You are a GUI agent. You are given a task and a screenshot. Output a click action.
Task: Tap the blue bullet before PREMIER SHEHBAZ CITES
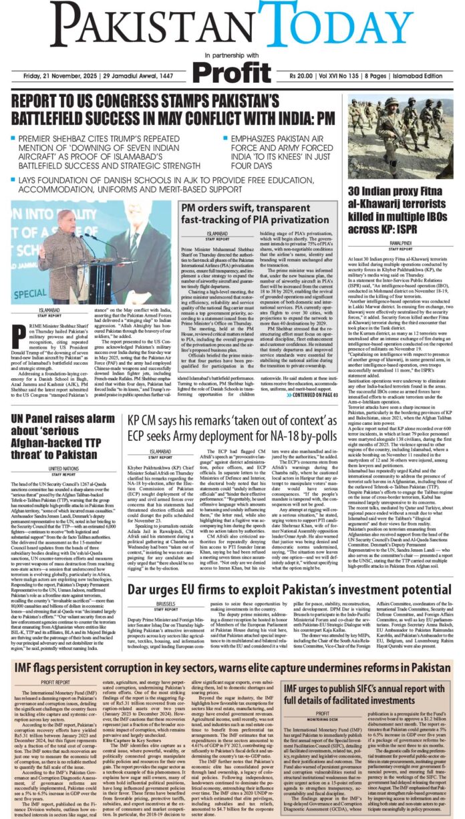(14, 140)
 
